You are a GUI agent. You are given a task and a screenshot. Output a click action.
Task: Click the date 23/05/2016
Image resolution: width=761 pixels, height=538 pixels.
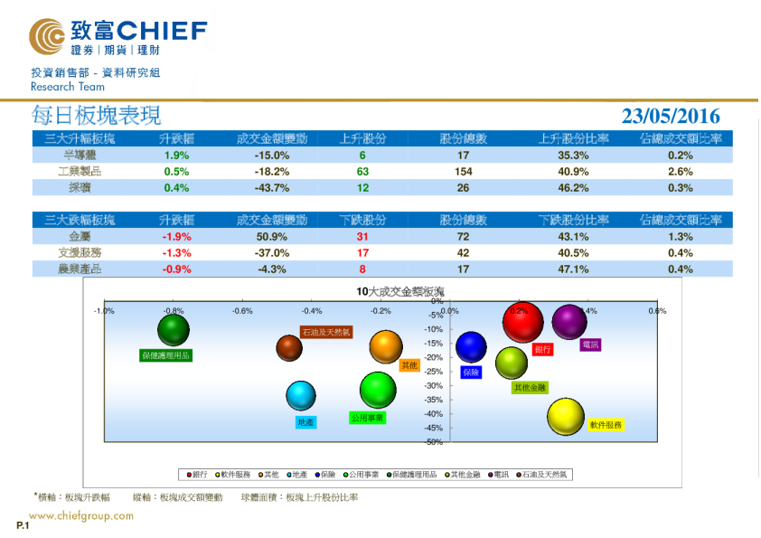pyautogui.click(x=671, y=116)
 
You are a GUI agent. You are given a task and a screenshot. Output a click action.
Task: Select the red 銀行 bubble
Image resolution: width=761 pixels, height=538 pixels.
pyautogui.click(x=523, y=322)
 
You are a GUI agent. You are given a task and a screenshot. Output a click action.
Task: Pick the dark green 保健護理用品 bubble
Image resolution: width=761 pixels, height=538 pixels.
pyautogui.click(x=174, y=332)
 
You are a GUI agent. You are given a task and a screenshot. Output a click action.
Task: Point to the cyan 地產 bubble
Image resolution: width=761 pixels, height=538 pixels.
pyautogui.click(x=302, y=395)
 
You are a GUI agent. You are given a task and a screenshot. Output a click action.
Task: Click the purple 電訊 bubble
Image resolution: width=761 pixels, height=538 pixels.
pyautogui.click(x=569, y=322)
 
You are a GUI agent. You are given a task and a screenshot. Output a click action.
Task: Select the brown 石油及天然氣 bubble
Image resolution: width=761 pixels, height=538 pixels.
pyautogui.click(x=289, y=347)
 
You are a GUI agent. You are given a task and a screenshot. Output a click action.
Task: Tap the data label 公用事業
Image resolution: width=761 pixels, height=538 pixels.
pyautogui.click(x=368, y=418)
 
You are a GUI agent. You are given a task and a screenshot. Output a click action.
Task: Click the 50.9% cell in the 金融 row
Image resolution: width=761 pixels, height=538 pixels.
pyautogui.click(x=271, y=236)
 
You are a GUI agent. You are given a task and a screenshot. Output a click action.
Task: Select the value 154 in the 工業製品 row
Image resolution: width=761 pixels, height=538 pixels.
pyautogui.click(x=464, y=171)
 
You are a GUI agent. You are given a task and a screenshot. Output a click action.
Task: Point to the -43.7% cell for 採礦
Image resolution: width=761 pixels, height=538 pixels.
pyautogui.click(x=271, y=188)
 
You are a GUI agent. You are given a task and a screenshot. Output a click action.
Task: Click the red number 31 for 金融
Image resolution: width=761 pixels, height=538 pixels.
pyautogui.click(x=363, y=236)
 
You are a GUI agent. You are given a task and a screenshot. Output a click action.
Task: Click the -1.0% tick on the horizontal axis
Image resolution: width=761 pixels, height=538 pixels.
pyautogui.click(x=104, y=311)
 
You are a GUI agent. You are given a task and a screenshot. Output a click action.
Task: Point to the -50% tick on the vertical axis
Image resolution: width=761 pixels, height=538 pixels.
pyautogui.click(x=433, y=442)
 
